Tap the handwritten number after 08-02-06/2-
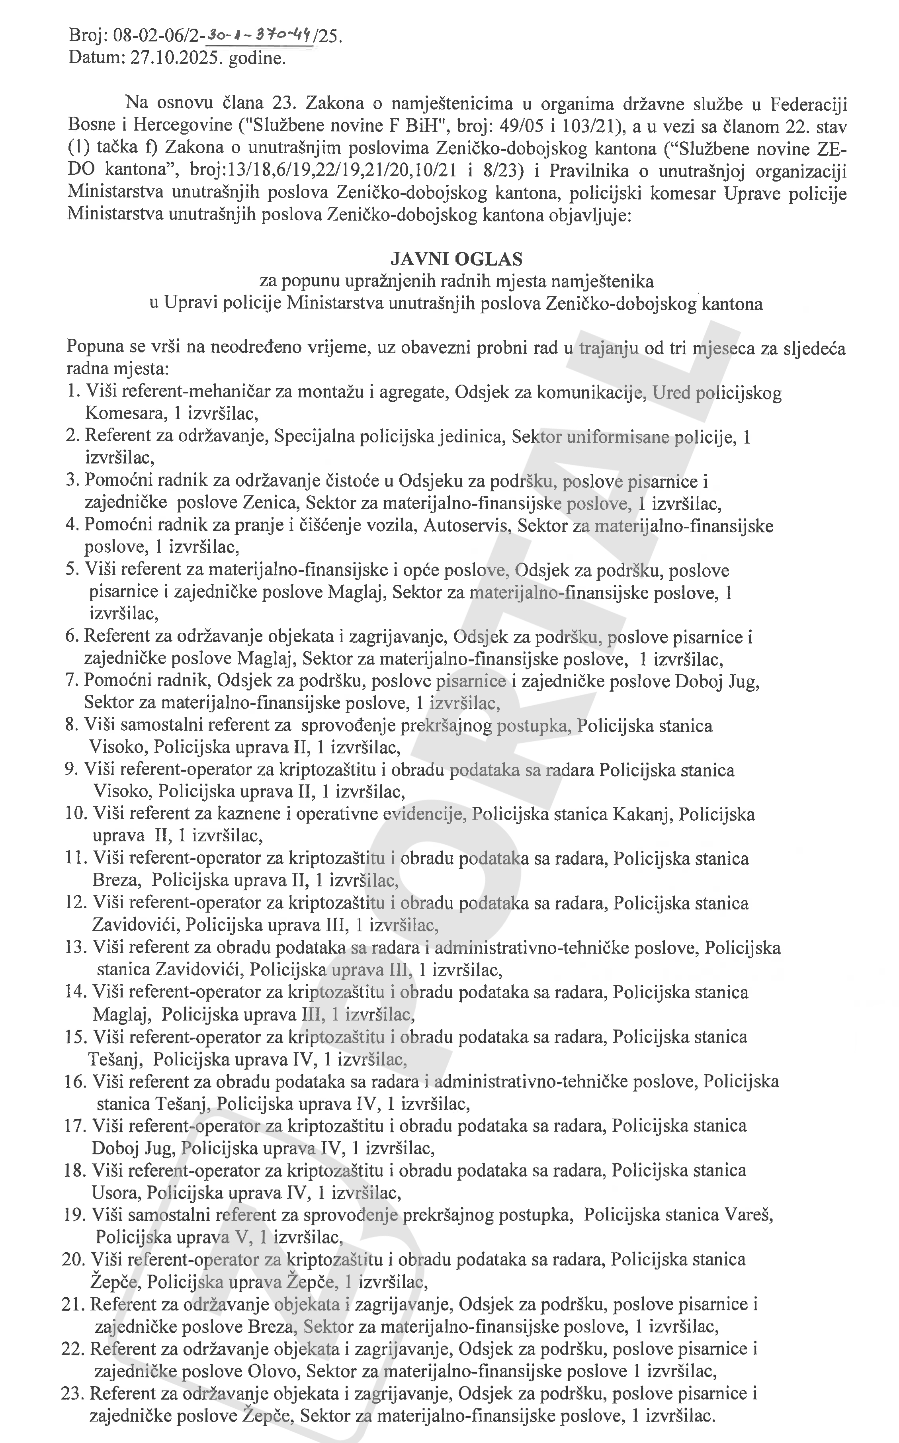point(259,37)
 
